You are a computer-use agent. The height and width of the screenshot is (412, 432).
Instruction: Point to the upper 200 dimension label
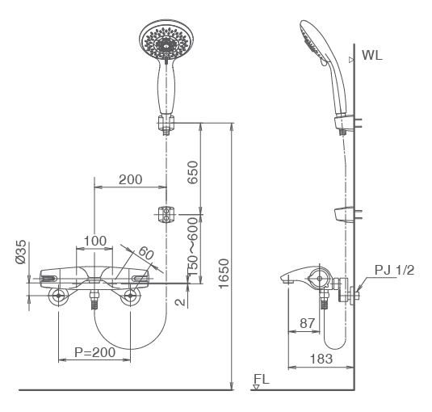132,179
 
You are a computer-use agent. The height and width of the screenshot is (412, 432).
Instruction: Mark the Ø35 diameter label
22,252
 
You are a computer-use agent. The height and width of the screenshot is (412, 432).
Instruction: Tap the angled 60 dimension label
145,253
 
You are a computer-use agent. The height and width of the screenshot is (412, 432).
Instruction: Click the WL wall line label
373,57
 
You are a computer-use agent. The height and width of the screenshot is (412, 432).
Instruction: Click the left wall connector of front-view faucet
59,297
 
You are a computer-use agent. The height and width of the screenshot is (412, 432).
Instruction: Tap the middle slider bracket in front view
166,215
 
